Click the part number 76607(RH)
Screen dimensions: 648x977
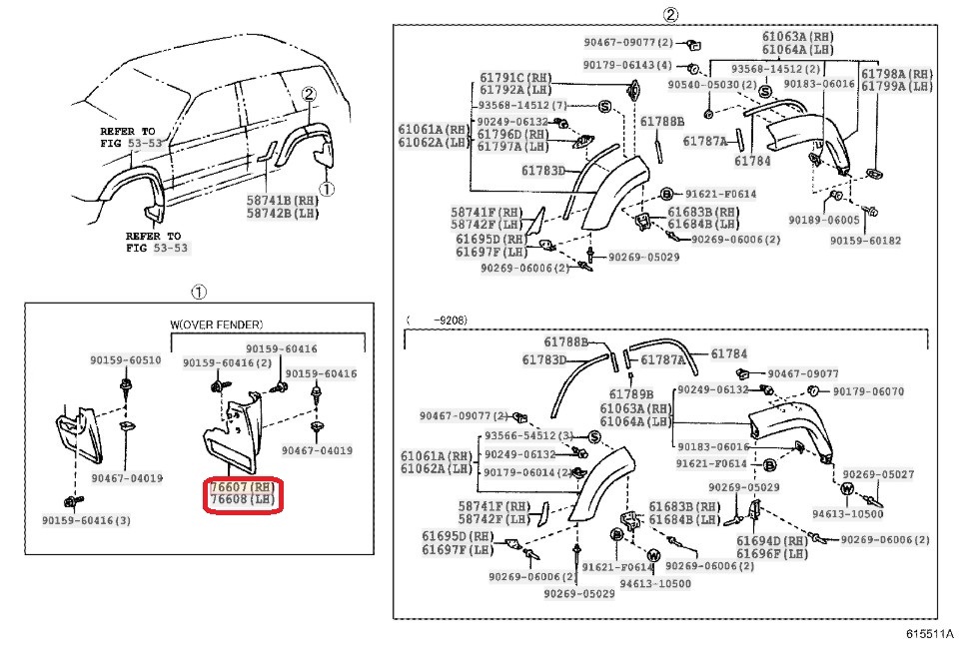(x=242, y=486)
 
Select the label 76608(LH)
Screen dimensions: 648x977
(x=242, y=499)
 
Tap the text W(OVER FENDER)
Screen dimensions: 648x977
(x=217, y=324)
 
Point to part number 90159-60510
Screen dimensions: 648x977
(x=123, y=360)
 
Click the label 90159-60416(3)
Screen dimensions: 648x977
(x=86, y=520)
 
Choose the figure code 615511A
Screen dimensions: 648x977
(x=930, y=634)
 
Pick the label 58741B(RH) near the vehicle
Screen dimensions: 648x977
(x=283, y=200)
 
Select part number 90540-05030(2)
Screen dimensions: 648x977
(x=705, y=85)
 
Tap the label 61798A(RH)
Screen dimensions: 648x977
(x=896, y=74)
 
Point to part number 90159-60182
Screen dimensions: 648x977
(x=864, y=241)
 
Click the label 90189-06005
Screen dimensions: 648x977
(x=823, y=220)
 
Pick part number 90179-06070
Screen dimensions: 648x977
(x=867, y=391)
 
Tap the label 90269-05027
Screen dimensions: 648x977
(x=878, y=474)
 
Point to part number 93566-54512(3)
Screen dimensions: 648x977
(x=528, y=436)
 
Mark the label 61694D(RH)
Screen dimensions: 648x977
(x=772, y=540)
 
